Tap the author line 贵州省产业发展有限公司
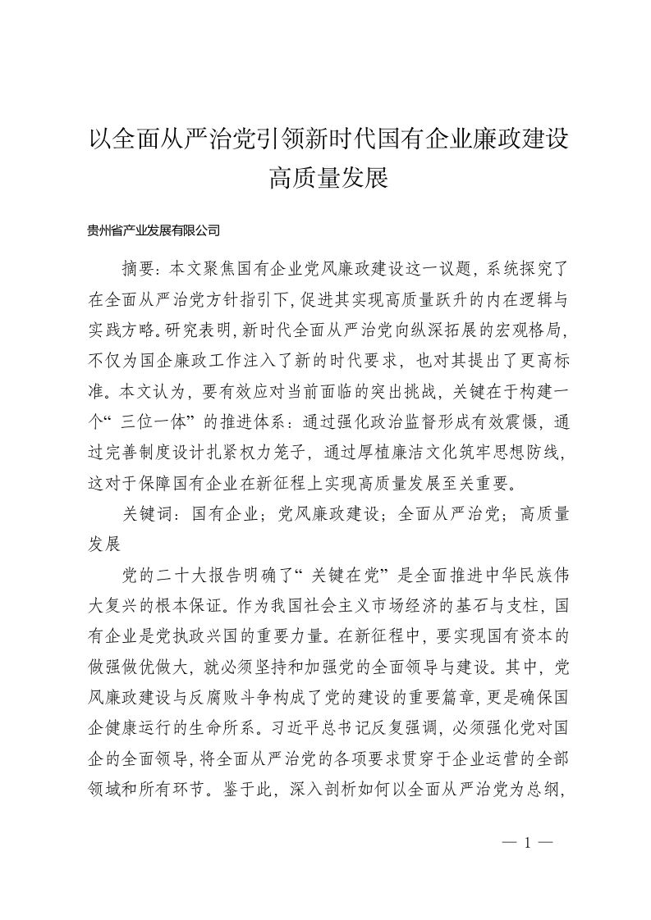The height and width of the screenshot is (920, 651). (154, 231)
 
